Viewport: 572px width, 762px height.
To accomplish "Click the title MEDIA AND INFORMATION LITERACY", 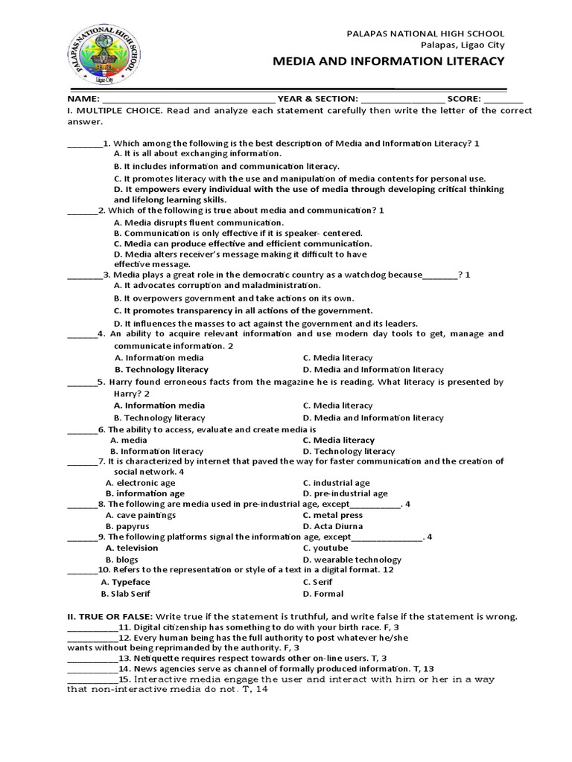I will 390,60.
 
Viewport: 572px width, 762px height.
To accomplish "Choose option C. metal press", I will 332,515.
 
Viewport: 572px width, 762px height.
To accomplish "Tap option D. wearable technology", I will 352,560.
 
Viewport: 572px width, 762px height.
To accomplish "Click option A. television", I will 132,548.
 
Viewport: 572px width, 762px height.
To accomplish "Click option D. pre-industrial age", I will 345,493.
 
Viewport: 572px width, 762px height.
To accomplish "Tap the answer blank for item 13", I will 92,659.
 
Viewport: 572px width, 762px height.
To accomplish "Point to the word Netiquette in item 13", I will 158,659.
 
